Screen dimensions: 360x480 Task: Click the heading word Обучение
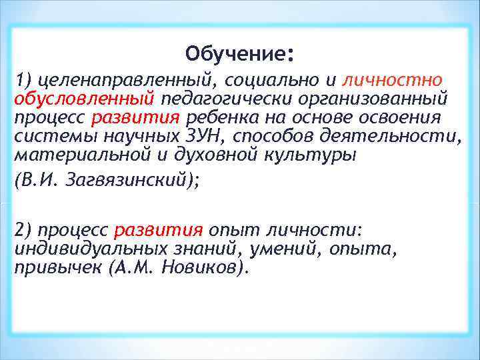pyautogui.click(x=237, y=53)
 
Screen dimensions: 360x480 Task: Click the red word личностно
pyautogui.click(x=392, y=81)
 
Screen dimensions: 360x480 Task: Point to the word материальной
pyautogui.click(x=77, y=155)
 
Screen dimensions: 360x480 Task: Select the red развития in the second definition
pyautogui.click(x=159, y=230)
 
